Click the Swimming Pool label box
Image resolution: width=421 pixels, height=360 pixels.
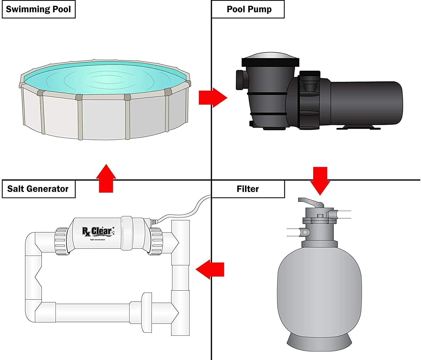[38, 10]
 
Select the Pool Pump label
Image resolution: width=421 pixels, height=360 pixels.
[249, 10]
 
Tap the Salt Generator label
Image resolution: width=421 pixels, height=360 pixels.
[38, 189]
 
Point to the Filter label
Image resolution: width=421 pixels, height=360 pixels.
[248, 189]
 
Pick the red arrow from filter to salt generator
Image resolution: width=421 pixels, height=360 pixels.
[210, 269]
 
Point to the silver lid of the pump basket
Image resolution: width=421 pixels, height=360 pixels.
[270, 55]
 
